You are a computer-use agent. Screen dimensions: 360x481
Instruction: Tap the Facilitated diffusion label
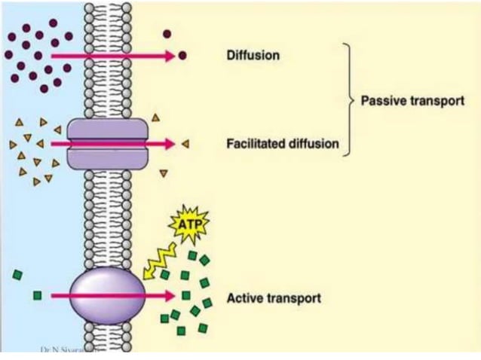pyautogui.click(x=283, y=143)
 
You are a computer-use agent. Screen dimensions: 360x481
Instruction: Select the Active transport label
pyautogui.click(x=274, y=299)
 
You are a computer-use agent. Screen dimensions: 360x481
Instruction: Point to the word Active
pyautogui.click(x=244, y=299)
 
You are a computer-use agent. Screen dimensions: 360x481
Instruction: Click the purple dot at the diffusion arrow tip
pyautogui.click(x=182, y=56)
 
